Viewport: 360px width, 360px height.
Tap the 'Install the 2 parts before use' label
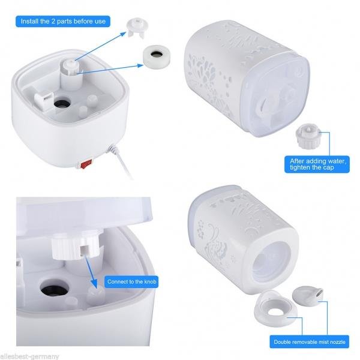click(63, 22)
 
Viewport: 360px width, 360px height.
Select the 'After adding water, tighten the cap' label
click(317, 164)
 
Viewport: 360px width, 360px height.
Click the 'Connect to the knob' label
click(131, 282)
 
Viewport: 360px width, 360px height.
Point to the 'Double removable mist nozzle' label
click(309, 342)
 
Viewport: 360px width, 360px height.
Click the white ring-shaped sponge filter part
click(157, 57)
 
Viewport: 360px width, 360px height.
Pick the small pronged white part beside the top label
click(137, 28)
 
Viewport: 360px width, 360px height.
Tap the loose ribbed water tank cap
click(308, 136)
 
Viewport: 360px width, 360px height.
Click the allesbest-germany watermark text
click(29, 356)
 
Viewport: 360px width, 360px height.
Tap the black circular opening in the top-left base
click(62, 104)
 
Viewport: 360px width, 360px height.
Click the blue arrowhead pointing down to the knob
click(94, 284)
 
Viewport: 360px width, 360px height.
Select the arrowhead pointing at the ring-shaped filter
click(140, 65)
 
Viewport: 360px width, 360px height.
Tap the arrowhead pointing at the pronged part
click(123, 34)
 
